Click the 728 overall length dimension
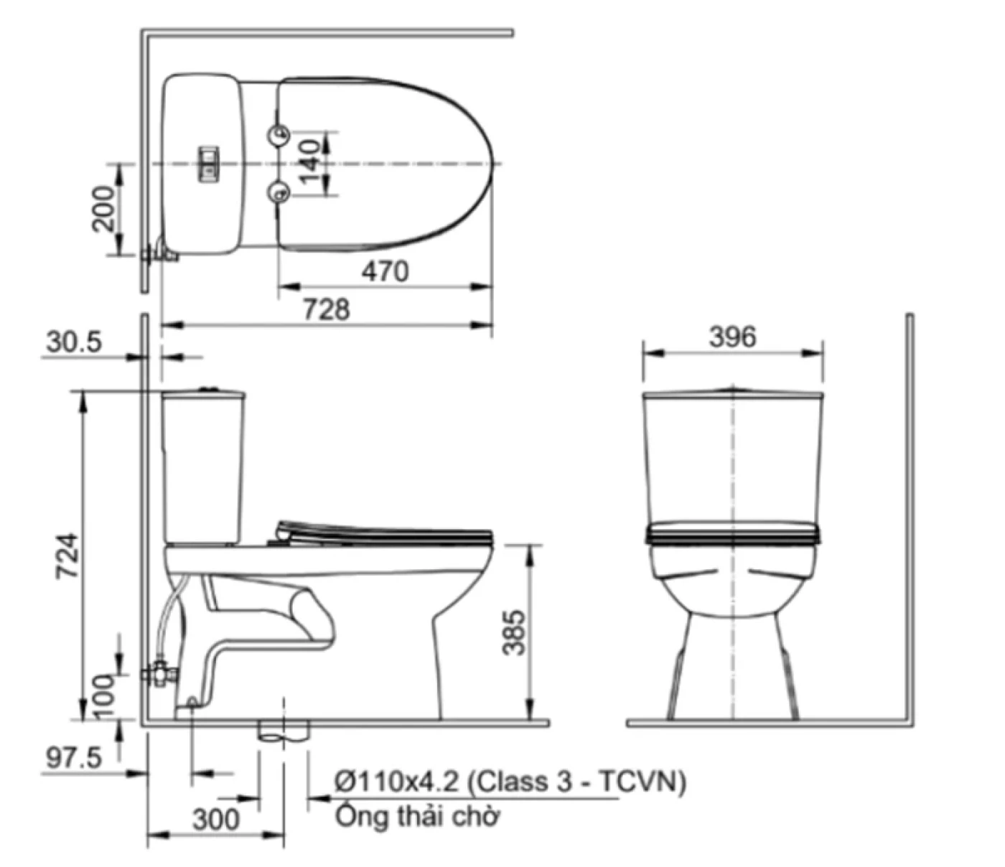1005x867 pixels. [326, 309]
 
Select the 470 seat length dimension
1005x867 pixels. [385, 271]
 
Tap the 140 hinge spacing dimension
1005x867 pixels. [309, 162]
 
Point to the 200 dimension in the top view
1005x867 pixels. [104, 208]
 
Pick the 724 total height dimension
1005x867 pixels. [67, 556]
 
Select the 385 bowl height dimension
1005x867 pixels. [514, 632]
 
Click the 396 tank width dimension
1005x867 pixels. [733, 337]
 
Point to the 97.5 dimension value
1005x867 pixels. [74, 758]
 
